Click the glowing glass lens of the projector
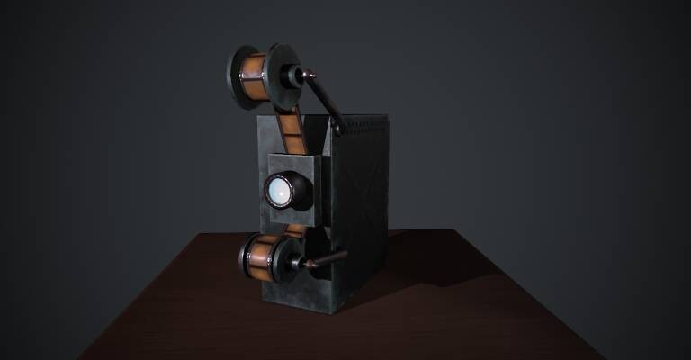pyautogui.click(x=279, y=191)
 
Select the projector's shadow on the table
pyautogui.click(x=423, y=279)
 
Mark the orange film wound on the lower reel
pyautogui.click(x=263, y=256)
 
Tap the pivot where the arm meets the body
pyautogui.click(x=339, y=130)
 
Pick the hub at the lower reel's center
pyautogui.click(x=293, y=260)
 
